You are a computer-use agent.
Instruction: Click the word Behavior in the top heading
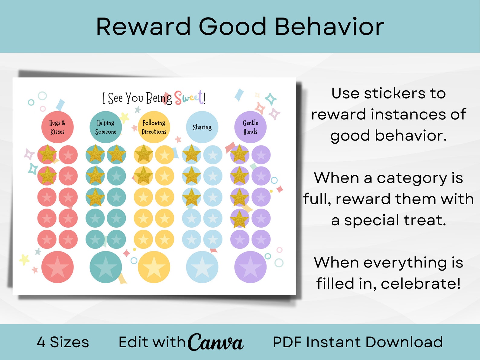[329, 27]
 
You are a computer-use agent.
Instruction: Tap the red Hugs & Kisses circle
[57, 127]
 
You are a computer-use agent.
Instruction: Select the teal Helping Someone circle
[106, 127]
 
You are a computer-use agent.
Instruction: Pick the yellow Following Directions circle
[154, 127]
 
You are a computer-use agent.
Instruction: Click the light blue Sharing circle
[202, 127]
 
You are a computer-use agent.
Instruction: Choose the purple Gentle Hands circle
[250, 127]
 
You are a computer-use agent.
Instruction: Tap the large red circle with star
[57, 267]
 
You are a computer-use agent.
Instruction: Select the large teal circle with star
[106, 267]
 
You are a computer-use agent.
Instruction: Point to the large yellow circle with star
[154, 267]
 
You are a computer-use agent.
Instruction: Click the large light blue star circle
[202, 267]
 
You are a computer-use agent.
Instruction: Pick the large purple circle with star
[250, 267]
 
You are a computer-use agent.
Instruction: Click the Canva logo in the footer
[216, 342]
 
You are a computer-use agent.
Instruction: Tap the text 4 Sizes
[63, 342]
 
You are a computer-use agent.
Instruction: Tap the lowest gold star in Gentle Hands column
[239, 218]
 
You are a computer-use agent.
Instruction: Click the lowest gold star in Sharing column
[191, 197]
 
